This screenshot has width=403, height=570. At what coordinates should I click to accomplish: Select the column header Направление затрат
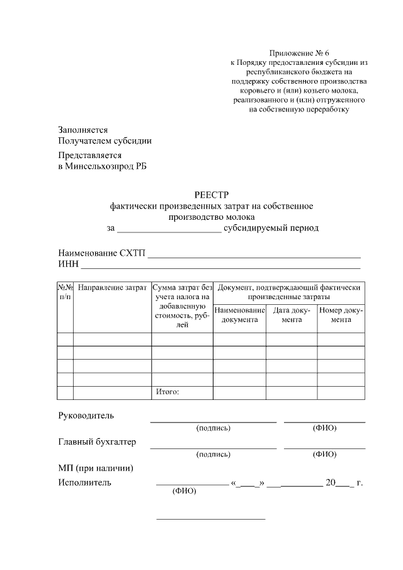113,288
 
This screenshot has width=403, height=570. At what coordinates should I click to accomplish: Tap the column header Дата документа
291,315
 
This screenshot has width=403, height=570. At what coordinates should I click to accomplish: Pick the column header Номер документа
341,315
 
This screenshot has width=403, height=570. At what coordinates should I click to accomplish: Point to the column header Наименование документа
239,315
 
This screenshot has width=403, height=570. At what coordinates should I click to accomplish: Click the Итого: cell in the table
167,392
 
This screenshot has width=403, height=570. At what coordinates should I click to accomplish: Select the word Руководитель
86,416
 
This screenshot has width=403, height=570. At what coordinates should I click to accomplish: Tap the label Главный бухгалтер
97,442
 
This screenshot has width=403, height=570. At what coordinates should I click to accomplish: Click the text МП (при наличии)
95,468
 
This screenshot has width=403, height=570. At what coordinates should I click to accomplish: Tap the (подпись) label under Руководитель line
213,428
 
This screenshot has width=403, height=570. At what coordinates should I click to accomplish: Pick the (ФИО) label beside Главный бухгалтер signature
324,454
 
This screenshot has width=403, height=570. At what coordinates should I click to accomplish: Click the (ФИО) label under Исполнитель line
184,493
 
